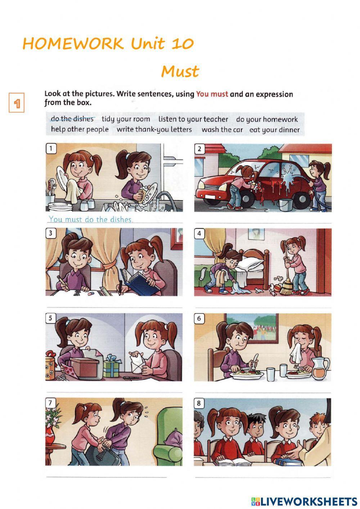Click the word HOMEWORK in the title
73,43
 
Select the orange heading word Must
180,71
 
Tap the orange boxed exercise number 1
17,102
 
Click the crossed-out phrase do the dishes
72,119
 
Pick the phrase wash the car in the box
222,130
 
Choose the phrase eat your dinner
274,130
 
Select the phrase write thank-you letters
154,130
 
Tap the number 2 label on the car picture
199,149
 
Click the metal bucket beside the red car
285,205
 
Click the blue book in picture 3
140,282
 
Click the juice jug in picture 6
320,369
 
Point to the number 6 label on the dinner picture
199,318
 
